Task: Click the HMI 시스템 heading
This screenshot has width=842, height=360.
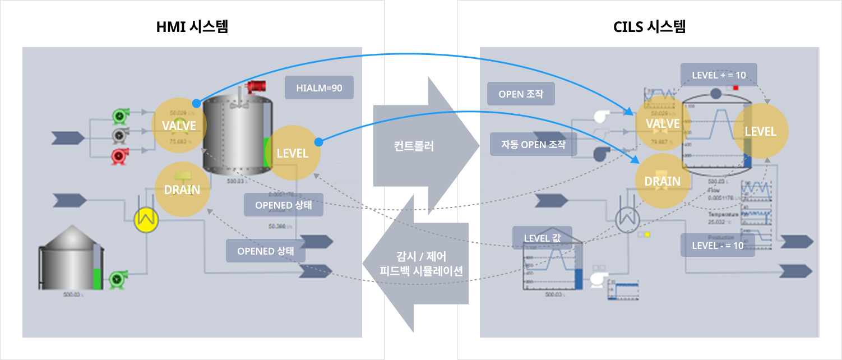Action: tap(192, 26)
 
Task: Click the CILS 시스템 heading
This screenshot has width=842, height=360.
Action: tap(649, 26)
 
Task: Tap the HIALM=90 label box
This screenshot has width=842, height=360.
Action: tap(319, 88)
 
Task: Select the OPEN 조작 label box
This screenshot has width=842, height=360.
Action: tap(521, 94)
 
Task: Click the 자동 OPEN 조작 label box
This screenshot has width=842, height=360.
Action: tap(534, 144)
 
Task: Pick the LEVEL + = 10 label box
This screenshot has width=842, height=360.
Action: tap(719, 75)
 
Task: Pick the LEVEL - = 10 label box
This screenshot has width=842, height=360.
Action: tap(718, 245)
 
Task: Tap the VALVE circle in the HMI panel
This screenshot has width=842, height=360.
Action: tap(179, 125)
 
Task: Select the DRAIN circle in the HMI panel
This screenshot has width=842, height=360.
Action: tap(182, 190)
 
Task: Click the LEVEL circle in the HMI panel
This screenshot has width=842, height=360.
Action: tap(293, 153)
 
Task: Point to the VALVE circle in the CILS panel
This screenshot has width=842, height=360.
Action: tap(662, 123)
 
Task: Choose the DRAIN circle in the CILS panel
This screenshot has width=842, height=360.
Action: tap(662, 181)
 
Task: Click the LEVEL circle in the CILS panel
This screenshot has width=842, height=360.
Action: tap(760, 131)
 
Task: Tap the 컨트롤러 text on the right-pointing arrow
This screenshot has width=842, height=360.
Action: tap(414, 147)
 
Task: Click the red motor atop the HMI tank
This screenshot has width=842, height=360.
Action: tap(258, 86)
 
